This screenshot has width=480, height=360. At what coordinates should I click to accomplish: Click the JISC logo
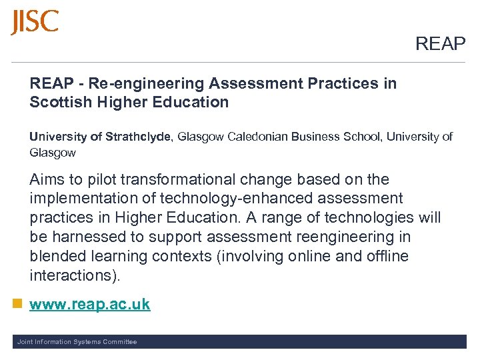pos(35,22)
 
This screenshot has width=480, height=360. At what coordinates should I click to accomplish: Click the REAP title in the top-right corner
pos(440,44)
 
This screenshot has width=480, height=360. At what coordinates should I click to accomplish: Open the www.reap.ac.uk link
pos(90,305)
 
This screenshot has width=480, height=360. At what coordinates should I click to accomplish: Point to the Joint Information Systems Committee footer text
pos(77,342)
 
